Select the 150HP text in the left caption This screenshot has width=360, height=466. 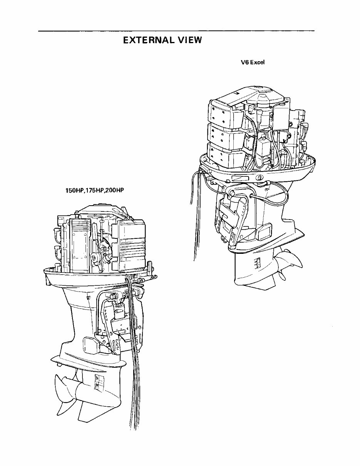click(x=74, y=190)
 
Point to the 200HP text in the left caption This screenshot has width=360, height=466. click(x=113, y=190)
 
